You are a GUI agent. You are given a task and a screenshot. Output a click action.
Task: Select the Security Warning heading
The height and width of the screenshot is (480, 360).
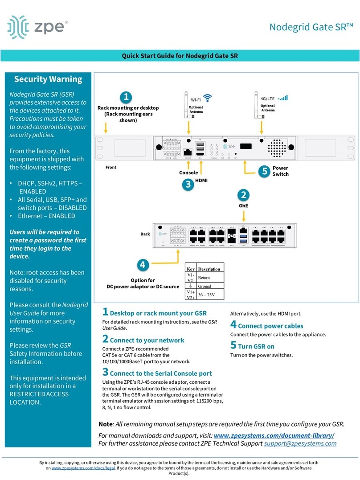click(x=48, y=79)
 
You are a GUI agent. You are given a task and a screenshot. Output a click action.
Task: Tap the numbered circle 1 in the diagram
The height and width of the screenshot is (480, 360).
click(x=127, y=97)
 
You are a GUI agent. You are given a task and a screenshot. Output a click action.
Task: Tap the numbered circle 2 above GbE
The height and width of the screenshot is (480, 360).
click(x=244, y=195)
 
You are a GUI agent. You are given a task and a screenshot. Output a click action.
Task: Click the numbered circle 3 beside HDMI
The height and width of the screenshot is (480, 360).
click(x=188, y=184)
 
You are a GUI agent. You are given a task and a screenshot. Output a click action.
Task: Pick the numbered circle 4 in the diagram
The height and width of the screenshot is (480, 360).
click(x=142, y=265)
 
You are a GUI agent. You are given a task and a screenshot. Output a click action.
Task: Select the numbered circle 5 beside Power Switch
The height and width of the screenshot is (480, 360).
click(x=264, y=171)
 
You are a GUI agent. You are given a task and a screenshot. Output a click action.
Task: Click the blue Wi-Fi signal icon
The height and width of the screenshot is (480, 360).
click(x=208, y=98)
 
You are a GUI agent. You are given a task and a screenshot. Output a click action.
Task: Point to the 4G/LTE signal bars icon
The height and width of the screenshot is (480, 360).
click(x=282, y=97)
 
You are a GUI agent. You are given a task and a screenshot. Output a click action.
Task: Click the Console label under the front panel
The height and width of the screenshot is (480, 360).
click(x=188, y=172)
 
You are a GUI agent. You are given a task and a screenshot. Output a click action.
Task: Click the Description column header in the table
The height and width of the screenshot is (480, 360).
click(x=209, y=269)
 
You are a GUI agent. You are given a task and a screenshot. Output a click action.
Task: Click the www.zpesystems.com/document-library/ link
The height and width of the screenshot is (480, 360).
click(x=274, y=435)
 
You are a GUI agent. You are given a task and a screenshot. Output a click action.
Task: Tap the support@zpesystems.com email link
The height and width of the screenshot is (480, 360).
click(x=300, y=443)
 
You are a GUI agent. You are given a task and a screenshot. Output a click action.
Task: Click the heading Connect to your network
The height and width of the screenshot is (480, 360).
click(x=147, y=340)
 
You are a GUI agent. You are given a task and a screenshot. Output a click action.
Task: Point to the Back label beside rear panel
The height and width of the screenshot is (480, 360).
click(x=145, y=234)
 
